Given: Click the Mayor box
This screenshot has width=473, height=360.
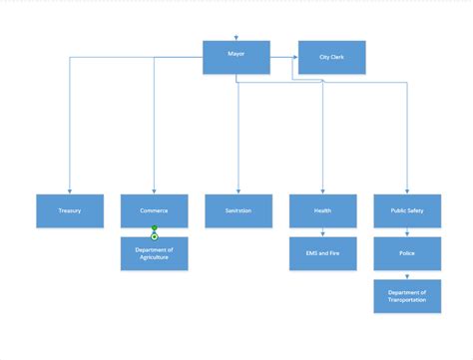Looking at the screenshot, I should [x=236, y=57].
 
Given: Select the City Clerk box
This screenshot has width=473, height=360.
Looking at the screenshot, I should [x=331, y=58].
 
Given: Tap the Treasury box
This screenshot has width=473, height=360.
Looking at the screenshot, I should [x=69, y=211].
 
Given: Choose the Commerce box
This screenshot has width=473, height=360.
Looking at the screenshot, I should [x=154, y=211].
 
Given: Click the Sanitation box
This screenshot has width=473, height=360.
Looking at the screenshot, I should [x=237, y=211].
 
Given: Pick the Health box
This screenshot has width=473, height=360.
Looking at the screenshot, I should [x=322, y=211].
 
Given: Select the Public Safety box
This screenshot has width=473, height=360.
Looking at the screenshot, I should [x=407, y=211].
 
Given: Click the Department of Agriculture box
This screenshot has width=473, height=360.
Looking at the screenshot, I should [x=154, y=253].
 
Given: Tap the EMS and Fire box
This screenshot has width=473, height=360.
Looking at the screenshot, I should [x=322, y=253].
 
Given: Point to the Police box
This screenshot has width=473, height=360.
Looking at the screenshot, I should [x=407, y=253].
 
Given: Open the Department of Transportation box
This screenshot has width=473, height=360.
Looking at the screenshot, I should [x=407, y=296].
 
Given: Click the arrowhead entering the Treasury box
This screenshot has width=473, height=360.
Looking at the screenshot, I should [x=69, y=191].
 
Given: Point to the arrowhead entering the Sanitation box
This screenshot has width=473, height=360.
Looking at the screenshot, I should [x=237, y=191].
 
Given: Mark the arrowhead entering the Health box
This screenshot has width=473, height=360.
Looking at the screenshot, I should [x=322, y=191].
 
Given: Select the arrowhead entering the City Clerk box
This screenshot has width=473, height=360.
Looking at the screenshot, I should [x=295, y=58].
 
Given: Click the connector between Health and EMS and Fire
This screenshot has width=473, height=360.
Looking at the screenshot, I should [x=322, y=232].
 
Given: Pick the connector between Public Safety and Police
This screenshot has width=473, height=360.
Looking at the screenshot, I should [x=407, y=232].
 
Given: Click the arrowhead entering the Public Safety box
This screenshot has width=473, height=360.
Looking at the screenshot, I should [x=407, y=191].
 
